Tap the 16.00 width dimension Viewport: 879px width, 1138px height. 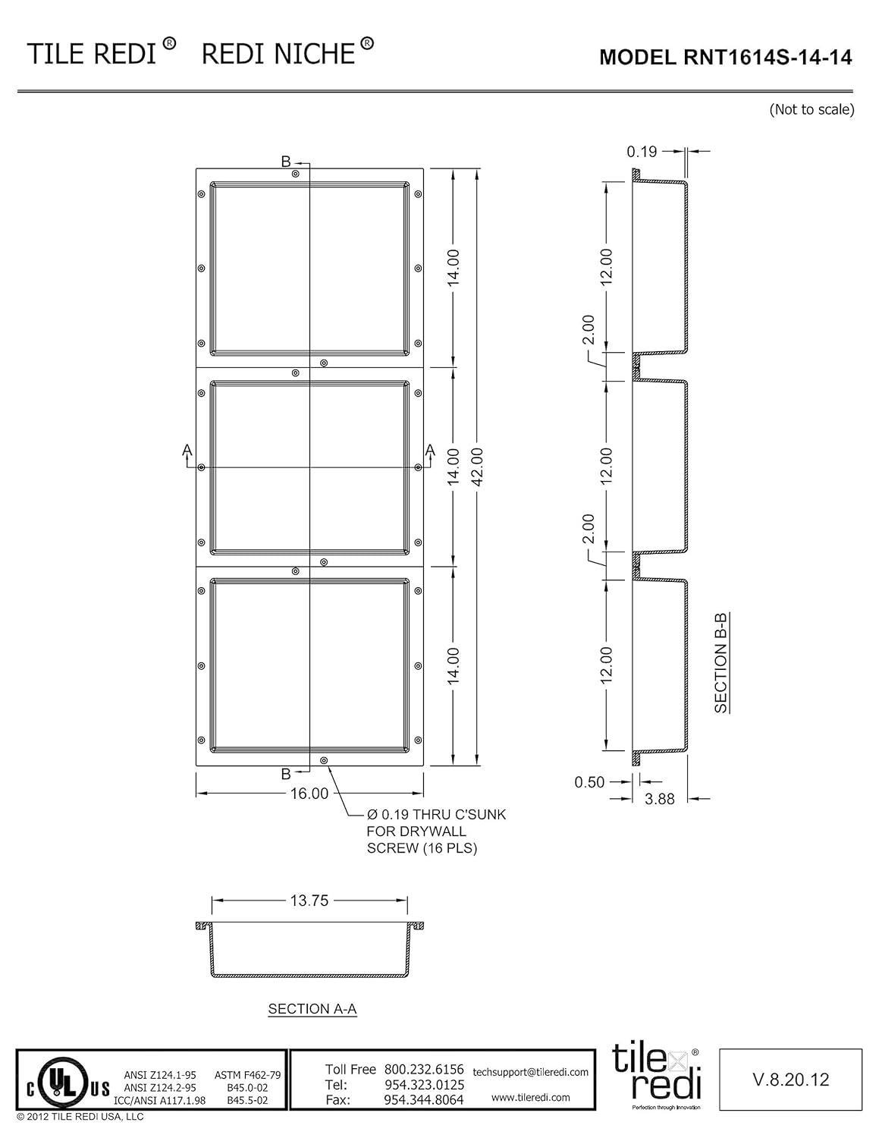click(309, 794)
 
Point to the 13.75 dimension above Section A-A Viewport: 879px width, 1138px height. click(309, 901)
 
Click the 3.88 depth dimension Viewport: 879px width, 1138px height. click(660, 799)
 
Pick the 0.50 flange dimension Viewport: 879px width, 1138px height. click(589, 782)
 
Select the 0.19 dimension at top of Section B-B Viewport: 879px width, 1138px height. click(642, 152)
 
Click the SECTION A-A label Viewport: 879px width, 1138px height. click(312, 1009)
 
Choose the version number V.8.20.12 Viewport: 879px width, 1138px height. click(790, 1080)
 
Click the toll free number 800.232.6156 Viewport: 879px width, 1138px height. click(424, 1070)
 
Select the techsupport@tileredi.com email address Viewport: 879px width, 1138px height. click(530, 1072)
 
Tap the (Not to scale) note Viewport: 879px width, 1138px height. click(812, 109)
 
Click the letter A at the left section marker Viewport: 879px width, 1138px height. click(187, 451)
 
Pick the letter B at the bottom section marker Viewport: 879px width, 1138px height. click(286, 774)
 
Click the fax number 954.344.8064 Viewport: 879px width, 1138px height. click(424, 1099)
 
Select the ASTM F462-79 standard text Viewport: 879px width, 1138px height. click(248, 1075)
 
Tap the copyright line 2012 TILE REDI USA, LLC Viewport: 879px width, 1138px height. click(80, 1117)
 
